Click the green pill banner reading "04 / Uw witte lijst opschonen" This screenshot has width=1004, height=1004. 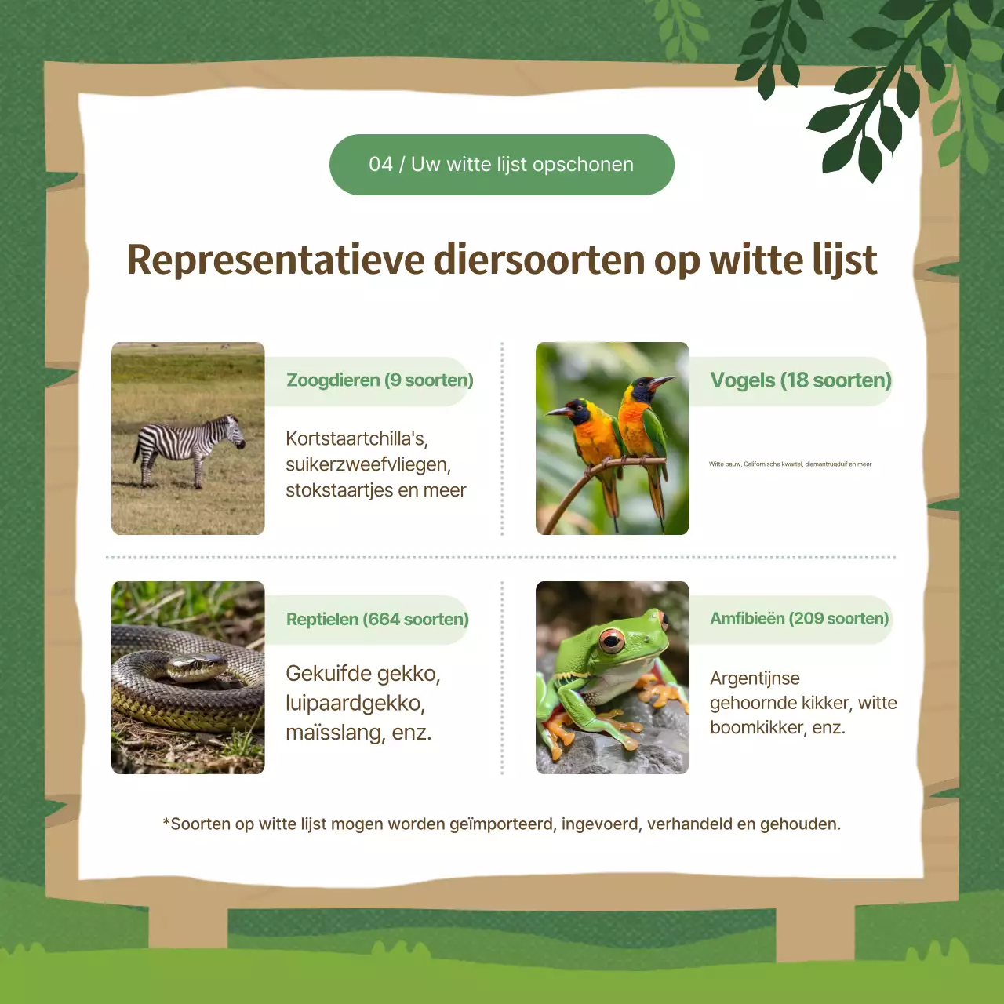[x=501, y=165]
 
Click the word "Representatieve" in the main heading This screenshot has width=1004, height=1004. [x=276, y=260]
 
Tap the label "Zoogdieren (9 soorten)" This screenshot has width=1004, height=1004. [x=380, y=380]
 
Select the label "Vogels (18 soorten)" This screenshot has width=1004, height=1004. [x=800, y=380]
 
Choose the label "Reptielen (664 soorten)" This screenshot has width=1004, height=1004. [x=377, y=620]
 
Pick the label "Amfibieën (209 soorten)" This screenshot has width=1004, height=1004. [x=799, y=619]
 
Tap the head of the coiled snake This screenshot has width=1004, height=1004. [x=188, y=667]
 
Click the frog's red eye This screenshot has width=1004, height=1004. [x=611, y=641]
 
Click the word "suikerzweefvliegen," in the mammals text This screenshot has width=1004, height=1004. [x=368, y=464]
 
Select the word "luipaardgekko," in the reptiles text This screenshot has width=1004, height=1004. [x=355, y=703]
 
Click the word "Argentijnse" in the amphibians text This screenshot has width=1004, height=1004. [x=755, y=678]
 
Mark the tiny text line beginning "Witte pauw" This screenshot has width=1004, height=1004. [x=790, y=464]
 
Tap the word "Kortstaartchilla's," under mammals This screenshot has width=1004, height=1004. [x=357, y=438]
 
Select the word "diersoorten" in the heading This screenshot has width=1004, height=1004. [x=539, y=260]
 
